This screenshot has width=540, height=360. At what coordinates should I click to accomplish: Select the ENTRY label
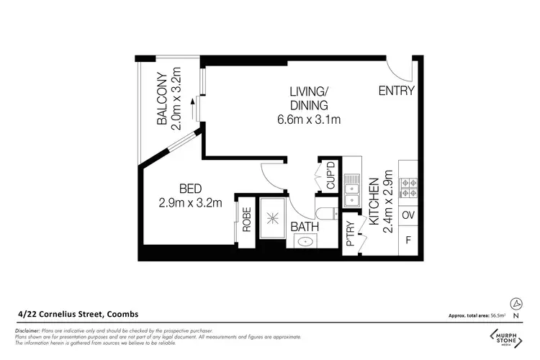tap(396, 91)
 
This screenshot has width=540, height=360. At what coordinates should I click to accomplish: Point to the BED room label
tap(190, 189)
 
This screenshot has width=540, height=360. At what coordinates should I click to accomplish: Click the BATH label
tap(305, 228)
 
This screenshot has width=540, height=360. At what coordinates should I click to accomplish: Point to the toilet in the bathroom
tap(325, 213)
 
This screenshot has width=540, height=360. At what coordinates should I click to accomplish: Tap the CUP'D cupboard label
tap(331, 177)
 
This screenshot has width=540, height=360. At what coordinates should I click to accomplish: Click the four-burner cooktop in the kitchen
tap(408, 188)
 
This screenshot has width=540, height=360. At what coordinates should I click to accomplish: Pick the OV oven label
tap(408, 215)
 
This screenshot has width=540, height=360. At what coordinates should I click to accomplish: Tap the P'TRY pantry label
tap(352, 232)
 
